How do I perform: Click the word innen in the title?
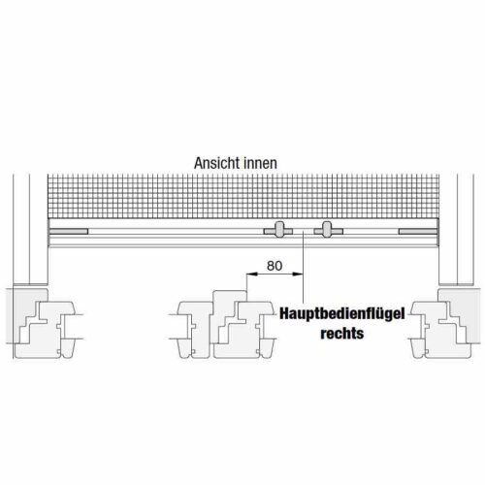(x=260, y=163)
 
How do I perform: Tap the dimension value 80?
(x=275, y=266)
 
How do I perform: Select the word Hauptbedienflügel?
(x=342, y=313)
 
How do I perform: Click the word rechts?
(x=342, y=333)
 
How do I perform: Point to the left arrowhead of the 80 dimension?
(x=251, y=275)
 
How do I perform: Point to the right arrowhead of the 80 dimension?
(x=298, y=275)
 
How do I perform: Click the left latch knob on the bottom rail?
(x=278, y=229)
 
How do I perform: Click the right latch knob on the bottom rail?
(x=328, y=229)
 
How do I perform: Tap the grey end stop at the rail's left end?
(x=69, y=231)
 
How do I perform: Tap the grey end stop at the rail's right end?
(x=418, y=231)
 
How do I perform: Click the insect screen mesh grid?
(x=243, y=196)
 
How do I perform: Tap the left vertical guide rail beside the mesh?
(x=31, y=230)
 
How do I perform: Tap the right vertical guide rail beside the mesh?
(x=457, y=230)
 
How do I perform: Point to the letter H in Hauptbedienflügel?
(x=284, y=313)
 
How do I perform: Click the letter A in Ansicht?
(x=198, y=164)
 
